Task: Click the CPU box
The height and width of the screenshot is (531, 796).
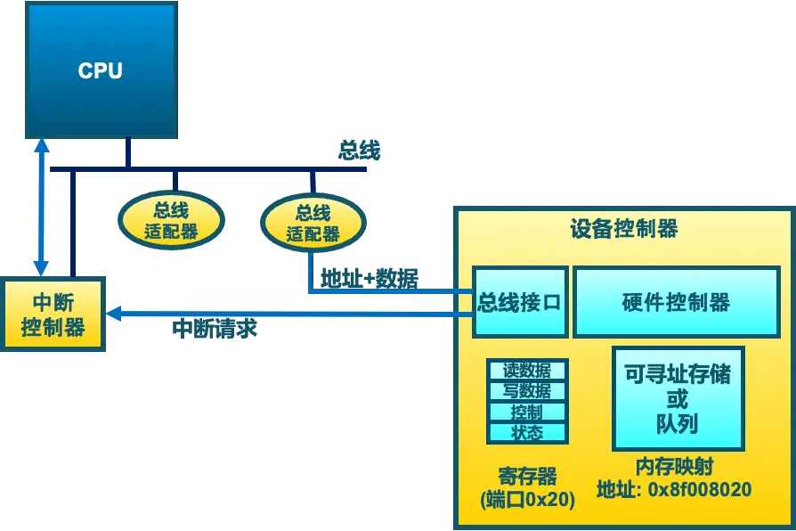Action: tap(102, 70)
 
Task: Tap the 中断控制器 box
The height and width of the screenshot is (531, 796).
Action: tap(53, 314)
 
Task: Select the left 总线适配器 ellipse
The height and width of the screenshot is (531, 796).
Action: tap(171, 220)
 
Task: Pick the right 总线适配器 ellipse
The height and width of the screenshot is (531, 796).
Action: tap(313, 223)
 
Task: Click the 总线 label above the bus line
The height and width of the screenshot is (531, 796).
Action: tap(360, 151)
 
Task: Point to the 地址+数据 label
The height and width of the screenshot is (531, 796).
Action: tap(370, 279)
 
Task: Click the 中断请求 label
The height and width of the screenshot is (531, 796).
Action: tap(215, 328)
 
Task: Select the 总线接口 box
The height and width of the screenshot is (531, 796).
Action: tap(520, 302)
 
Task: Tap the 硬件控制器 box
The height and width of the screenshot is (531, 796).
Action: tap(676, 302)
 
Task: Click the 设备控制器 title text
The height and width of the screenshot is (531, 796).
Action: tap(624, 229)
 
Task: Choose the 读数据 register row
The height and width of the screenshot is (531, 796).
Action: tap(527, 370)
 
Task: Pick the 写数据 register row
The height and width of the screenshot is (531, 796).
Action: tap(527, 391)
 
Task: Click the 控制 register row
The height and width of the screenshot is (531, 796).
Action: tap(527, 413)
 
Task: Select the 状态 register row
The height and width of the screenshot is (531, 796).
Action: tap(527, 433)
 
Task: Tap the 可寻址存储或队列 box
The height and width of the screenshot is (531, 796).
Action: tap(678, 399)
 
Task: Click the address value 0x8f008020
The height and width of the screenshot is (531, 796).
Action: tap(700, 489)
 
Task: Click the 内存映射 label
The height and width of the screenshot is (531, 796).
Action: tap(675, 467)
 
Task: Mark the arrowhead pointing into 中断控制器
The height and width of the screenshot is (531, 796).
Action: tap(113, 314)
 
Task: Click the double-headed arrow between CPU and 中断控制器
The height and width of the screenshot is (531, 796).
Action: tap(41, 208)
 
